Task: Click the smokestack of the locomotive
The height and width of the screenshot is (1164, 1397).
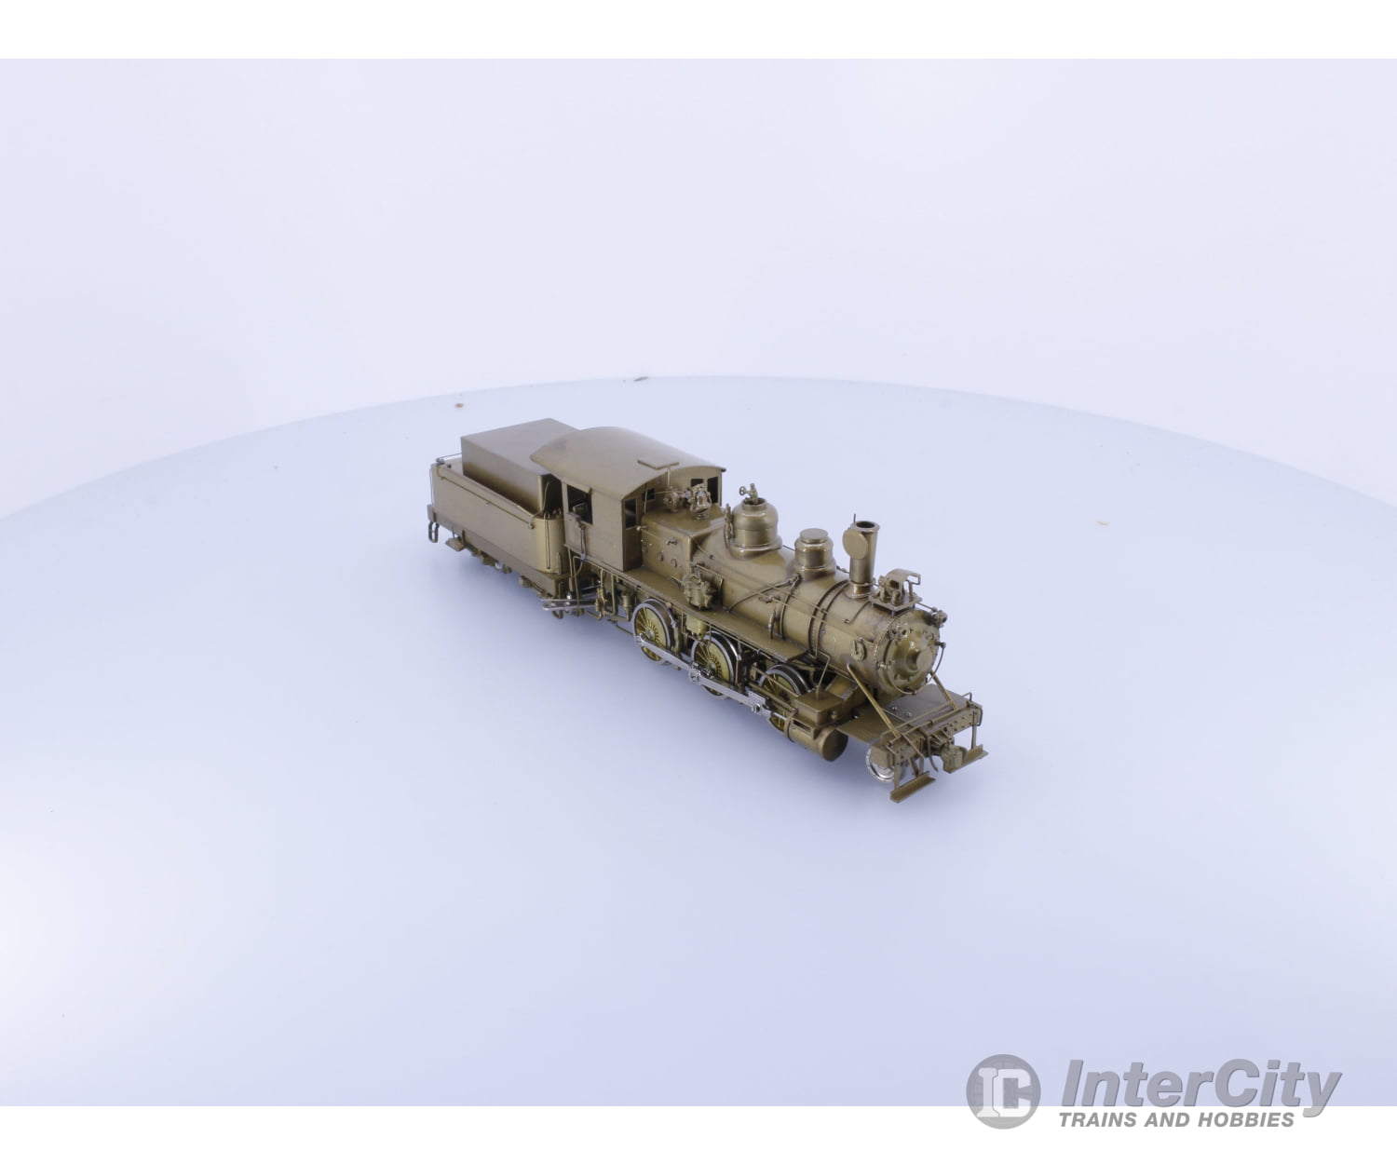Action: pos(860,554)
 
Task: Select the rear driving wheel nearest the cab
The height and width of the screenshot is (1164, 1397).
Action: pos(654,630)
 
